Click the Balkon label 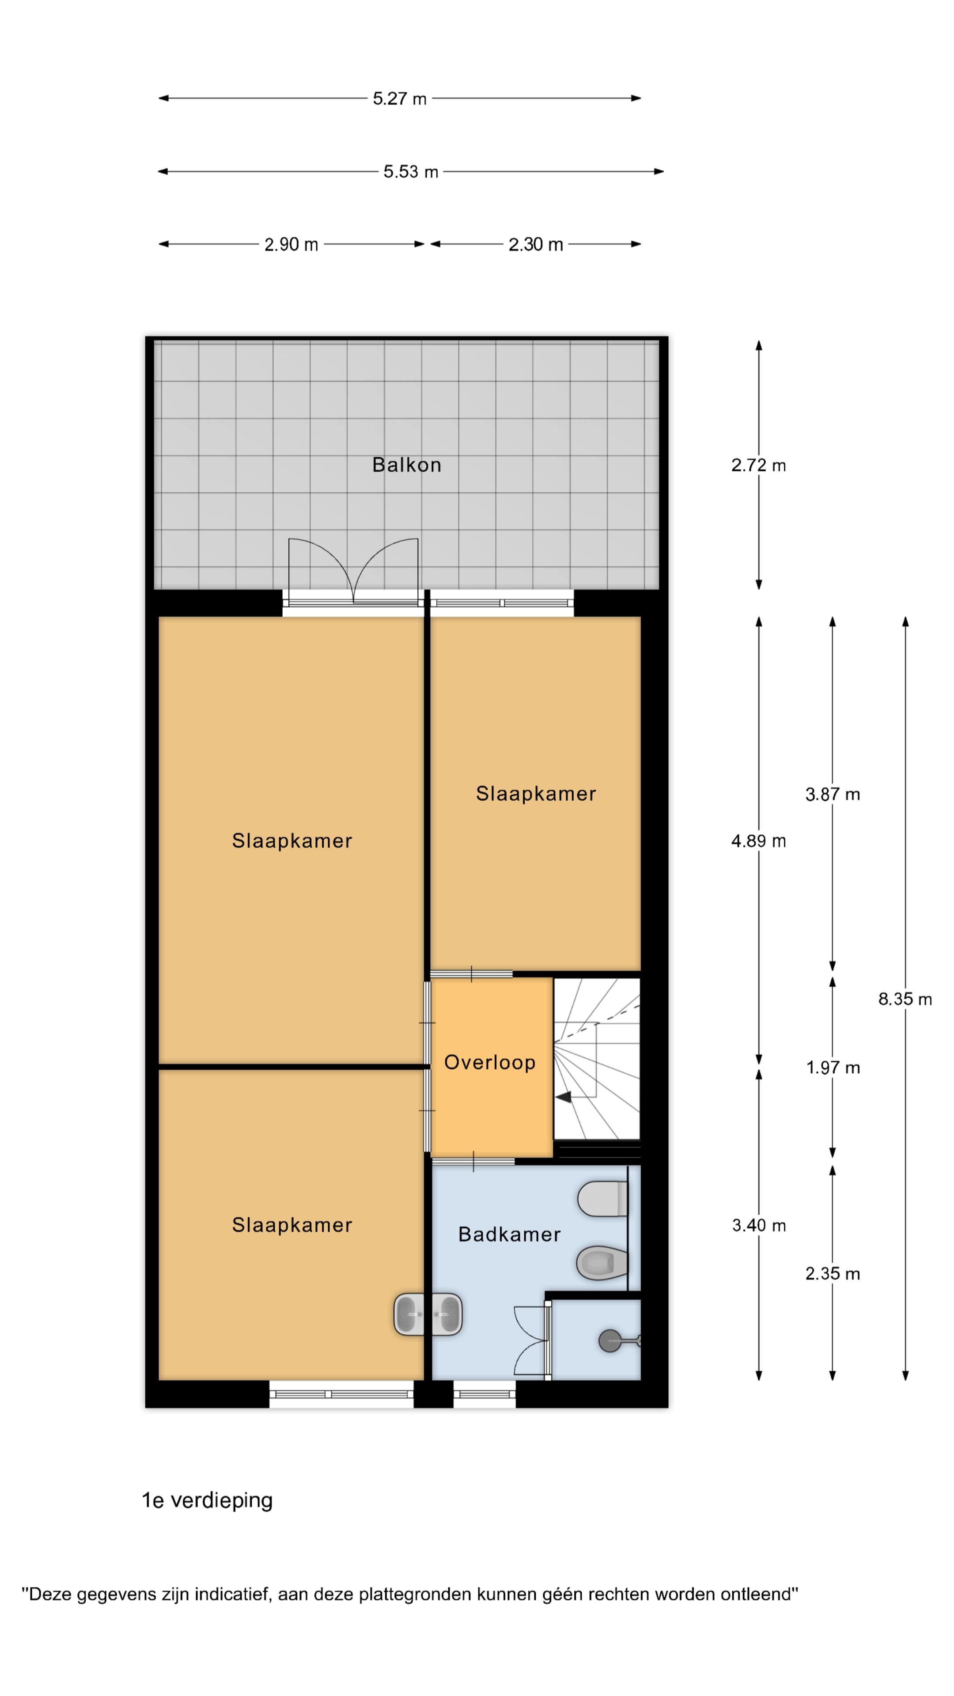coord(406,465)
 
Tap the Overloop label coord(490,1062)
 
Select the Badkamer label coord(510,1234)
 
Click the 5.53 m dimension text coord(411,172)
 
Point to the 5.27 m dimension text coord(400,99)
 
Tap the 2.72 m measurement coord(758,466)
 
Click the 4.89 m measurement coord(758,841)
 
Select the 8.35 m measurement coord(905,999)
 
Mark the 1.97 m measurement coord(833,1067)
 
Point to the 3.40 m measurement coord(759,1225)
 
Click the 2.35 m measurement coord(833,1273)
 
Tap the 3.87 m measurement coord(833,794)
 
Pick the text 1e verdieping coord(208,1500)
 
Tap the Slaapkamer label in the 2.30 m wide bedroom coord(536,793)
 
